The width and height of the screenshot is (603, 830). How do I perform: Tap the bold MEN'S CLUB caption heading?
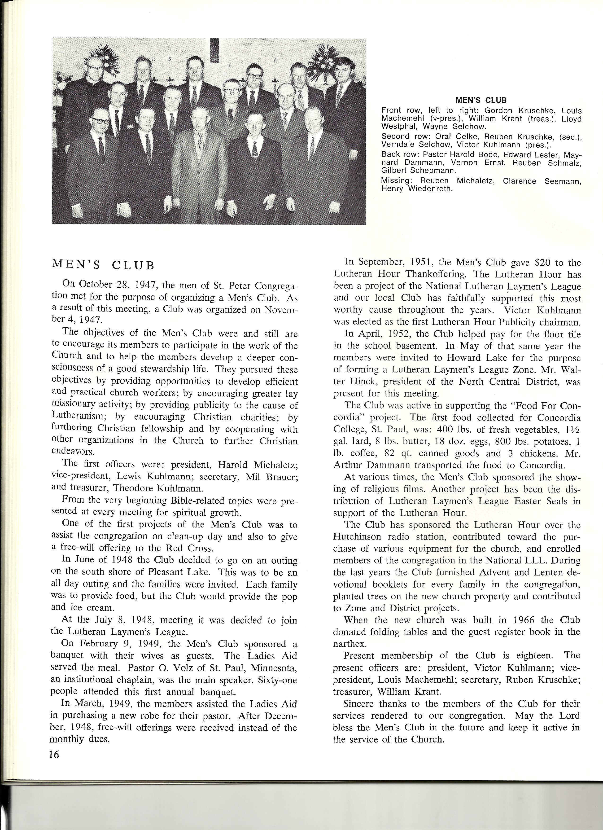pos(481,100)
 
